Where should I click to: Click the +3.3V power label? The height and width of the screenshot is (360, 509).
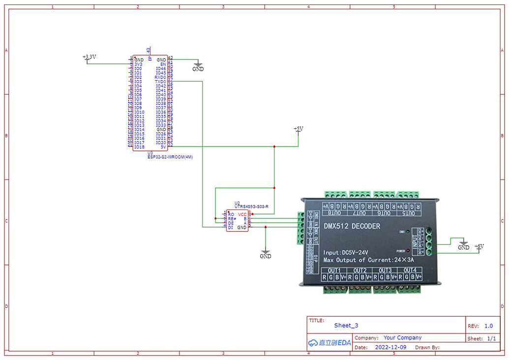pos(89,58)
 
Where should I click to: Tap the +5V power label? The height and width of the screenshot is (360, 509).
pos(299,129)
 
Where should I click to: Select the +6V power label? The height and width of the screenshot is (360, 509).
pos(479,246)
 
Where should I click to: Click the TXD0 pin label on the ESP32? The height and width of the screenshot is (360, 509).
pos(160,82)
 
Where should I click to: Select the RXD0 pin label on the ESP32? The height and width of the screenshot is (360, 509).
pos(160,77)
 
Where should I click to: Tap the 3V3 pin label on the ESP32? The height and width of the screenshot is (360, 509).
pos(138,64)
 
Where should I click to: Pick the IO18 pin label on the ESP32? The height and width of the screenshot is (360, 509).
pos(139,147)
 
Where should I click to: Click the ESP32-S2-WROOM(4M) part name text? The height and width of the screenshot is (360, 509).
pos(171,157)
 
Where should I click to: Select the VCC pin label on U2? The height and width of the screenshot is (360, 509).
pos(242,214)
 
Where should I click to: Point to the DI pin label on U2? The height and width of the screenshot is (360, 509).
pos(230,228)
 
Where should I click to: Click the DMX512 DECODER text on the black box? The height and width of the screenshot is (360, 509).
pos(352,226)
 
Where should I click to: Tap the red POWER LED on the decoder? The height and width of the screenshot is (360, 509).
pos(408,251)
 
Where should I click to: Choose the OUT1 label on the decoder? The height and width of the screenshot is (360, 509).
pos(334,270)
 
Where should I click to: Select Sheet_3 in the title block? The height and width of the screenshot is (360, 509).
pos(346,326)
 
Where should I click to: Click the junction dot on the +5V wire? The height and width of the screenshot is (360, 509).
pos(274,147)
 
